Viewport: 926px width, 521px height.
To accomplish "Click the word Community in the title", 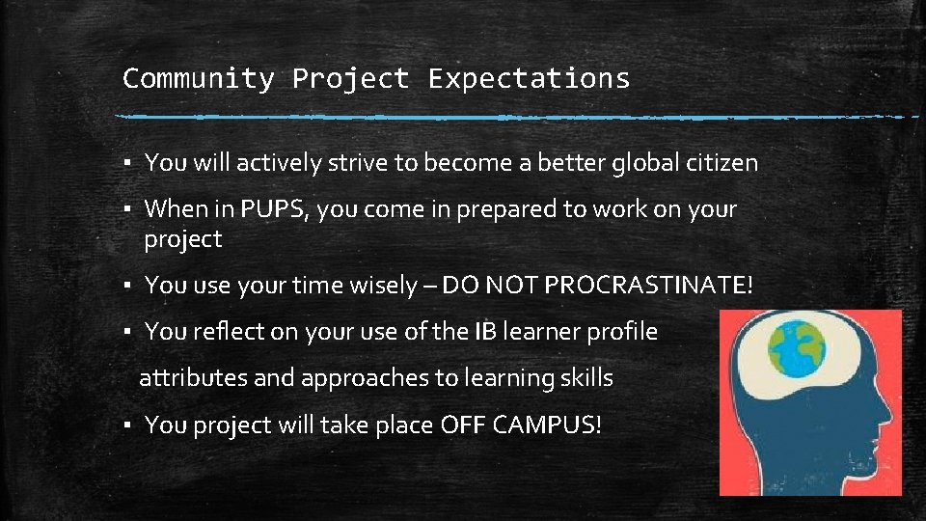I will (198, 78).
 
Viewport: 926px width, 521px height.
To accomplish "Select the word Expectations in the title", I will (529, 78).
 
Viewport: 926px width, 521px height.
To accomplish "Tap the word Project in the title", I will (351, 78).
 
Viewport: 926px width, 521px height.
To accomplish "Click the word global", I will (643, 163).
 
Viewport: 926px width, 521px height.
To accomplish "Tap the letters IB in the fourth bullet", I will (485, 332).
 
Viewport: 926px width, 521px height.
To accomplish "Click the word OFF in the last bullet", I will (465, 425).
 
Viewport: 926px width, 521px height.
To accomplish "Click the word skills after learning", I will (587, 378).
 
